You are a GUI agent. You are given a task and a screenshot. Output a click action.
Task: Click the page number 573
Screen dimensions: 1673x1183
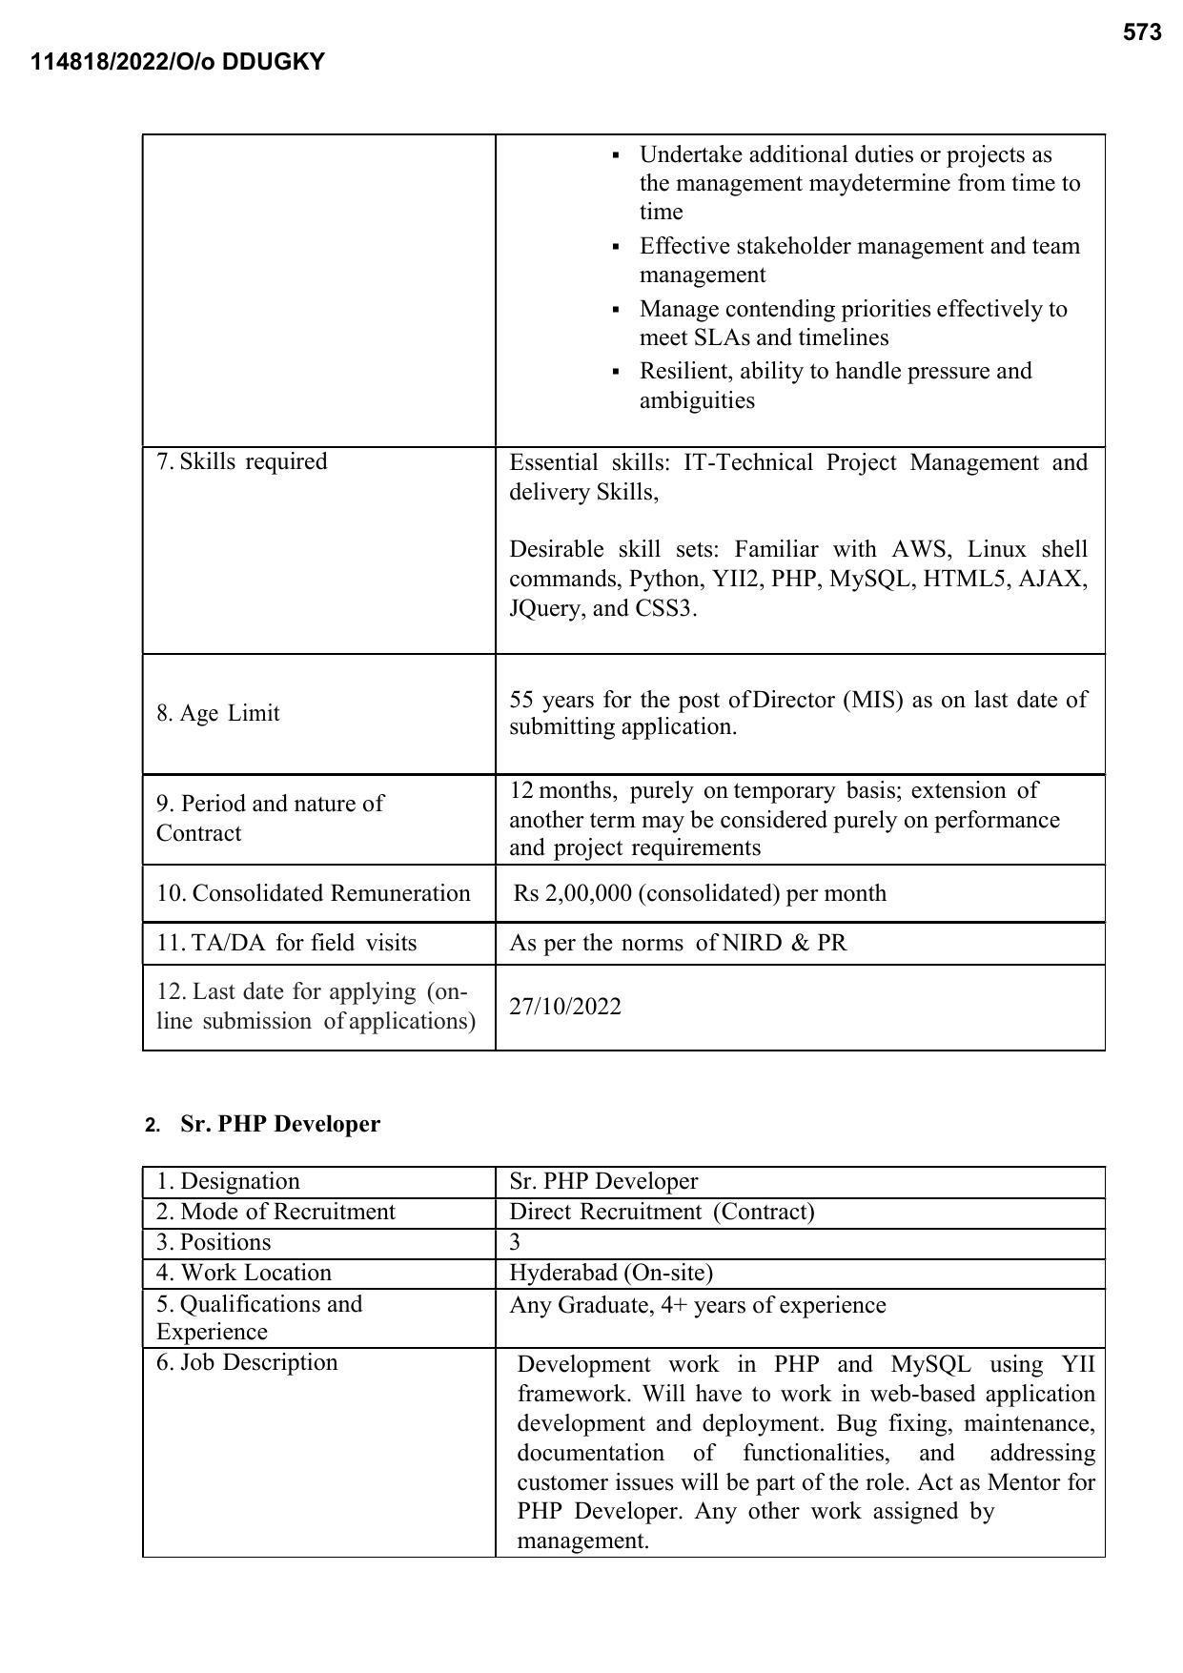click(x=1141, y=33)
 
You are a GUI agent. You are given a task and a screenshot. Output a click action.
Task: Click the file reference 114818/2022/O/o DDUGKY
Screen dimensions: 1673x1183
click(x=178, y=63)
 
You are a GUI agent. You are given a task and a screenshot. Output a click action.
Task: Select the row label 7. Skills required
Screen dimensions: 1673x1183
click(x=242, y=461)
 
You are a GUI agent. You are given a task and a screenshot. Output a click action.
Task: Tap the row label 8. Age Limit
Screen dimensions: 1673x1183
click(x=218, y=713)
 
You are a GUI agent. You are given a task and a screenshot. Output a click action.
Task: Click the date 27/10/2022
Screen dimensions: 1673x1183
click(x=564, y=1007)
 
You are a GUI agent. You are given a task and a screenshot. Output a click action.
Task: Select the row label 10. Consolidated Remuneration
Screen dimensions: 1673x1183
click(x=314, y=893)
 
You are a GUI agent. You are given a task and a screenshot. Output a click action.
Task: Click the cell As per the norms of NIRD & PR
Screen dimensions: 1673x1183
click(x=678, y=943)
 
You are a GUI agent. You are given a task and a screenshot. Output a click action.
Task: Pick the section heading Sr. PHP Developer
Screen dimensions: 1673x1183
click(x=279, y=1124)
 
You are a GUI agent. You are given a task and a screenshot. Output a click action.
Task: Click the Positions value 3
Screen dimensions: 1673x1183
click(x=515, y=1242)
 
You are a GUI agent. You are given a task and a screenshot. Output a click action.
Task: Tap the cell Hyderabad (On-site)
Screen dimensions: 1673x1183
click(x=611, y=1273)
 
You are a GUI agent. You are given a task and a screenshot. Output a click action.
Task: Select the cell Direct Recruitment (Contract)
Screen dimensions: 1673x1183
click(x=662, y=1212)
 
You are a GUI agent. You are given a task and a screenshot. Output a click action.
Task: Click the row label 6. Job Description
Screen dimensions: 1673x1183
click(x=247, y=1362)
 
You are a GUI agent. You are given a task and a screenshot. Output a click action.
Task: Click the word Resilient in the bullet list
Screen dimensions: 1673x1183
click(x=680, y=371)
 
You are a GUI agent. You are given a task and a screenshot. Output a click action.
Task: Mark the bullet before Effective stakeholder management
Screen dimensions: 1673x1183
click(x=616, y=248)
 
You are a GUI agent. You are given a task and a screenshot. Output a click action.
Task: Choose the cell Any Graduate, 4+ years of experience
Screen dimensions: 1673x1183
click(x=697, y=1305)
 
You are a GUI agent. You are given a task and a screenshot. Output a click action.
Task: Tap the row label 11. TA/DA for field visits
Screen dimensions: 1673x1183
click(x=287, y=943)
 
